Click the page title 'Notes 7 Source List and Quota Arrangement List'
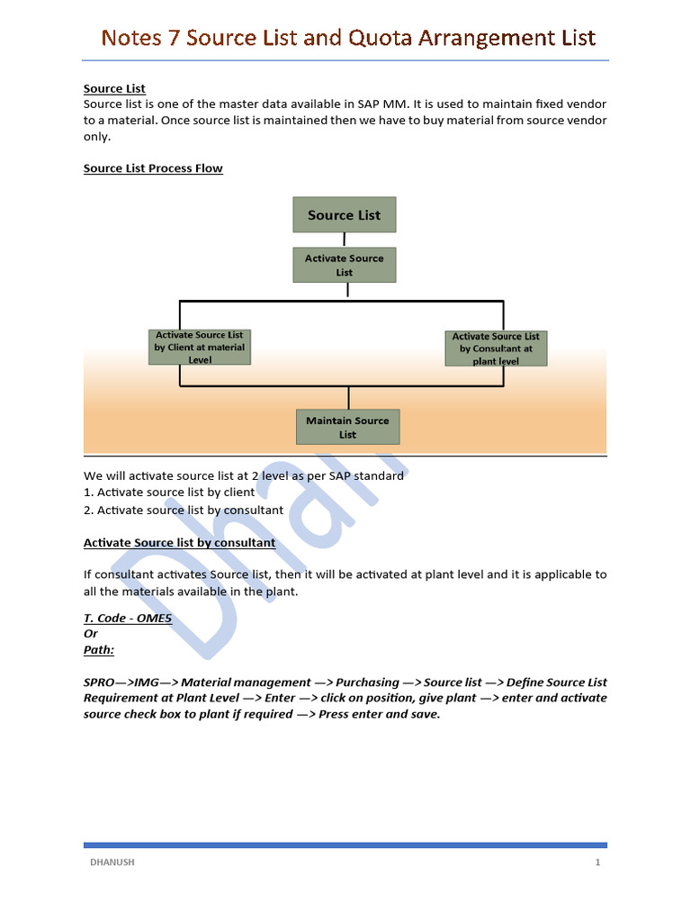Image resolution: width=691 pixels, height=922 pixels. click(x=347, y=38)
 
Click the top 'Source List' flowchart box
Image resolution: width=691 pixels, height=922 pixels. click(x=344, y=215)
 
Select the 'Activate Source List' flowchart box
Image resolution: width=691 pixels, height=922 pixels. click(x=344, y=265)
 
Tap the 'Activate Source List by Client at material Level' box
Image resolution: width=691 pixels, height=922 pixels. click(x=200, y=347)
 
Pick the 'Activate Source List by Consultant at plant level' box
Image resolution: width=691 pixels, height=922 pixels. click(x=496, y=348)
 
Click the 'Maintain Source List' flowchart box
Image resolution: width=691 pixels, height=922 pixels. click(x=347, y=427)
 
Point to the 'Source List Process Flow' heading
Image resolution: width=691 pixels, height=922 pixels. click(x=153, y=168)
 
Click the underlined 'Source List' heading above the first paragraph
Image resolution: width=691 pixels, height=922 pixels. click(x=114, y=88)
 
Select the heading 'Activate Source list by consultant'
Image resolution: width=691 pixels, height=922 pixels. click(x=179, y=543)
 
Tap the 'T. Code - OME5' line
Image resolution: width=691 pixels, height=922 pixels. click(x=128, y=619)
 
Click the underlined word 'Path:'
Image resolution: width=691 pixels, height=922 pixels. click(x=99, y=649)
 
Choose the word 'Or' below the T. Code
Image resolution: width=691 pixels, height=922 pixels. click(x=91, y=634)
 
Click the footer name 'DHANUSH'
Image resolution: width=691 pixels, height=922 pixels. click(x=112, y=862)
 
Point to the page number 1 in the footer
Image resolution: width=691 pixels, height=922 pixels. click(x=597, y=862)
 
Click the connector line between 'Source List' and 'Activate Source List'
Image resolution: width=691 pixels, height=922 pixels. click(x=345, y=240)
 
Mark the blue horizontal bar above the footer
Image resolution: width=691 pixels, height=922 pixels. click(x=345, y=845)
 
